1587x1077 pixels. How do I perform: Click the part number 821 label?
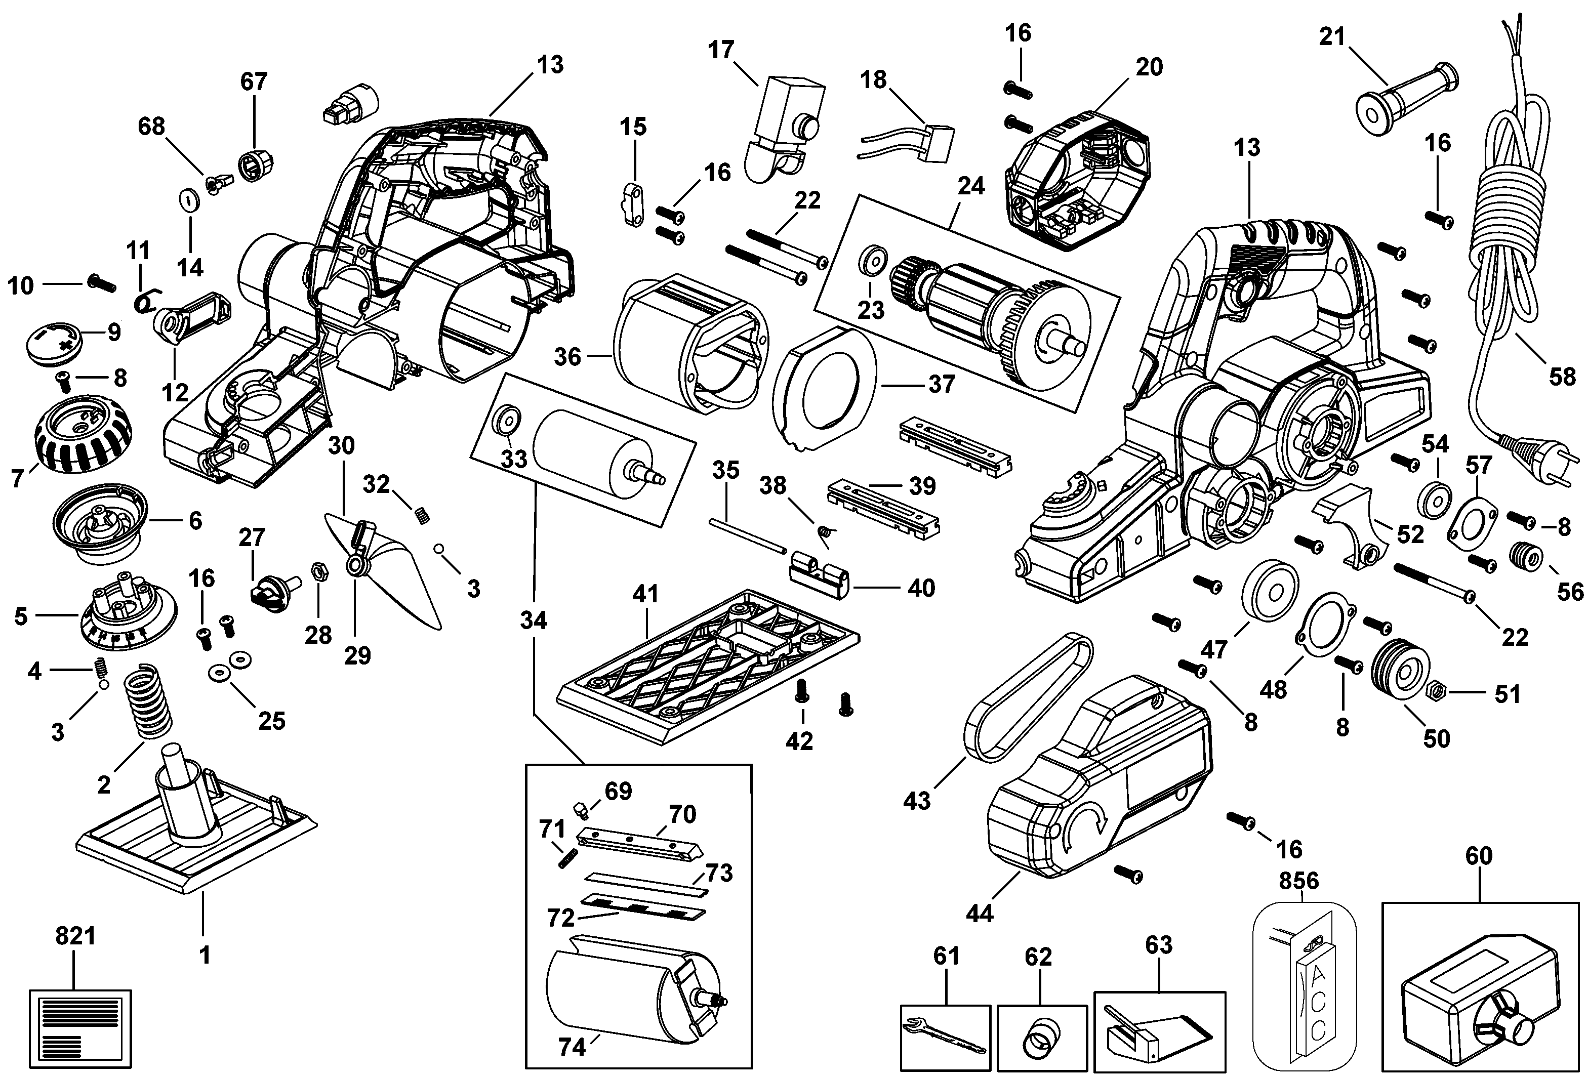(x=75, y=936)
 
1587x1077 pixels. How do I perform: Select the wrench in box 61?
(x=945, y=1035)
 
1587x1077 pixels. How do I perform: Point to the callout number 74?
(x=572, y=1046)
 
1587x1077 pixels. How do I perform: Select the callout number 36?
(x=567, y=356)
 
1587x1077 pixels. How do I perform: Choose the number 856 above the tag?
(x=1299, y=881)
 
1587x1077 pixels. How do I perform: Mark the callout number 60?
(x=1479, y=856)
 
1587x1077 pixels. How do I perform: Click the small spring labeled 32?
(x=423, y=516)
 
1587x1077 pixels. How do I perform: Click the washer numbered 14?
(x=188, y=200)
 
